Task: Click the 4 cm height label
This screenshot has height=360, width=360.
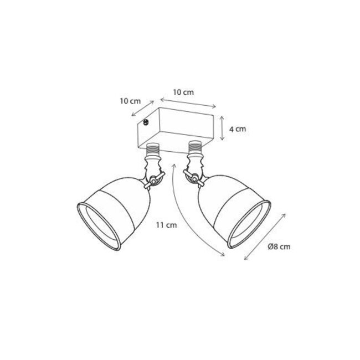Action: point(238,129)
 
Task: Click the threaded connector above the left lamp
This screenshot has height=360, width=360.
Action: point(152,149)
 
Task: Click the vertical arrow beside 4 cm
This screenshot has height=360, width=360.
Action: point(222,128)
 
